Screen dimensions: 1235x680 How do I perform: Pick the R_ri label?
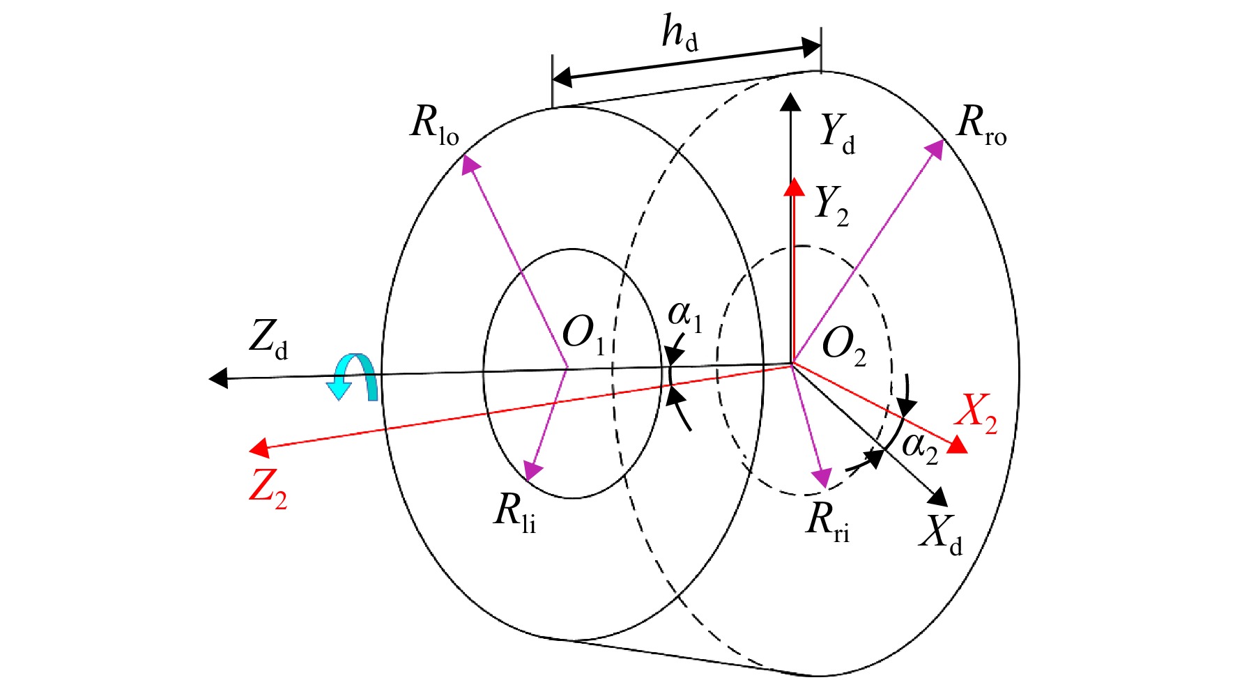point(828,521)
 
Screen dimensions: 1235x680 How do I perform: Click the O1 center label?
point(584,335)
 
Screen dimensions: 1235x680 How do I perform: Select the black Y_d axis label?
point(837,134)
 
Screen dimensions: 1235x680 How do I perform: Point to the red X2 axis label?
point(976,414)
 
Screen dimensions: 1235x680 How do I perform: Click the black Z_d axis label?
point(268,340)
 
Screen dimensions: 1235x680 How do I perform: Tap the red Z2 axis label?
point(268,489)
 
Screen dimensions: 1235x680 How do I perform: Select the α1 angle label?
point(685,316)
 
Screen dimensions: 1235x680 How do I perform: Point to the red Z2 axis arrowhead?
point(259,447)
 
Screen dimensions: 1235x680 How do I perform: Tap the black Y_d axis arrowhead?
point(790,102)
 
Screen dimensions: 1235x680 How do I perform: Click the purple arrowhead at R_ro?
point(934,149)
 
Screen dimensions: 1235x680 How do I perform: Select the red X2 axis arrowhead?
point(958,445)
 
